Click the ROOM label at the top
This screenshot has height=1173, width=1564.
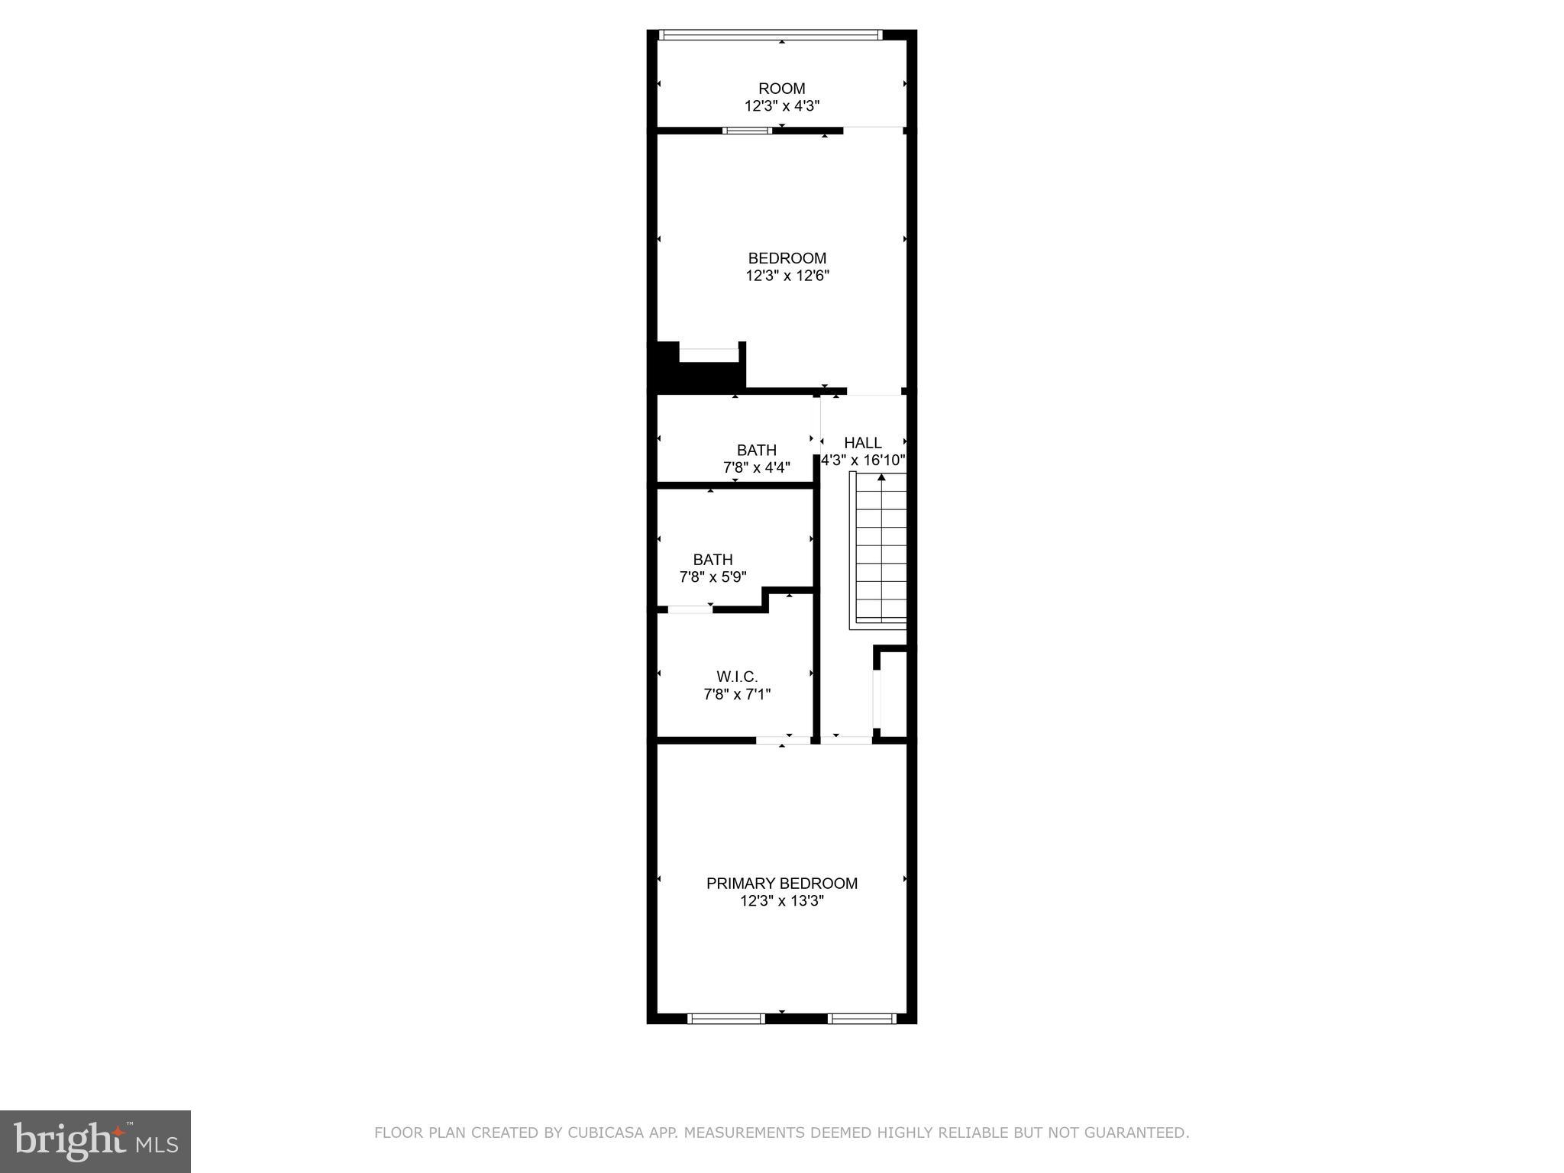coord(781,89)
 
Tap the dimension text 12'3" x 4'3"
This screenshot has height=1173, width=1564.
coord(781,106)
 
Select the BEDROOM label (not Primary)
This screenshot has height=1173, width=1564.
coord(787,258)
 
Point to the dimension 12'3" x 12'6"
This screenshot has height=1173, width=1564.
coord(787,276)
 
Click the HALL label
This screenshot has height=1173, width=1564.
coord(862,443)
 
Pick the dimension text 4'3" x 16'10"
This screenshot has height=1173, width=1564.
coord(863,460)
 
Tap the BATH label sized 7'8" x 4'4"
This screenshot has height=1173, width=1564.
coord(756,451)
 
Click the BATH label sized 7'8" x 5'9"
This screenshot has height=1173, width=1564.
coord(713,560)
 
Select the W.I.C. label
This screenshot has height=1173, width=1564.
coord(736,677)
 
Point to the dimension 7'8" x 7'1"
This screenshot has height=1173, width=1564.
coord(736,694)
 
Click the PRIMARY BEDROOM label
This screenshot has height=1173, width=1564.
coord(781,884)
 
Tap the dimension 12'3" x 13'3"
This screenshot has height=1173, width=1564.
coord(781,901)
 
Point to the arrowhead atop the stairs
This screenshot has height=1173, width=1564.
coord(881,478)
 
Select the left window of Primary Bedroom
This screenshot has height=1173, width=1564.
coord(725,1018)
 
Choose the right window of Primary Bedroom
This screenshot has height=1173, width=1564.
coord(861,1018)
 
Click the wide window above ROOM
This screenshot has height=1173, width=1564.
coord(770,34)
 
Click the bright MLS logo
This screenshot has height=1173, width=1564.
coord(95,1141)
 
